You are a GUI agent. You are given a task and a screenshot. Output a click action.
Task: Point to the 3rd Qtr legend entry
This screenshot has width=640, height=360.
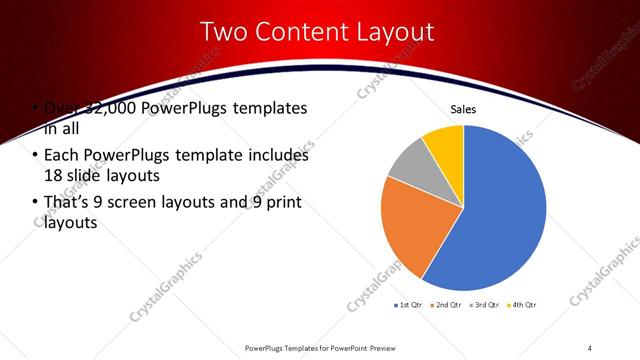tap(486, 304)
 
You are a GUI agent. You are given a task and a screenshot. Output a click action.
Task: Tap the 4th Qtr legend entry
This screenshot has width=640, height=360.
tap(524, 304)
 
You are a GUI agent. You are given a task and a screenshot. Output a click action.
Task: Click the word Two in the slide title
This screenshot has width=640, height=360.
tap(225, 32)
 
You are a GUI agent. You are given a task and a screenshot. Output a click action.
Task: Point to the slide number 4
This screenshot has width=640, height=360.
tap(590, 347)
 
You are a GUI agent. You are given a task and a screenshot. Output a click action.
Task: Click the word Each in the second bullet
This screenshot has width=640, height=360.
tap(62, 155)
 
